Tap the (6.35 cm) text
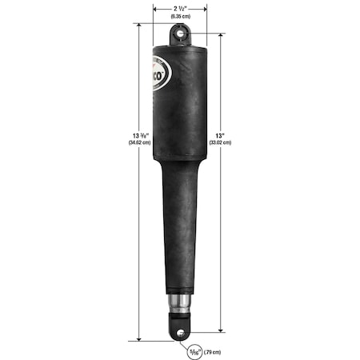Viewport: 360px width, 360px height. tap(180, 16)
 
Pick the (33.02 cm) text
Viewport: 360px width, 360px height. tap(220, 142)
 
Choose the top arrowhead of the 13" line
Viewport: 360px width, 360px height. tap(221, 36)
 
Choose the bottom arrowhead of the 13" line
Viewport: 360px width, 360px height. tap(221, 329)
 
